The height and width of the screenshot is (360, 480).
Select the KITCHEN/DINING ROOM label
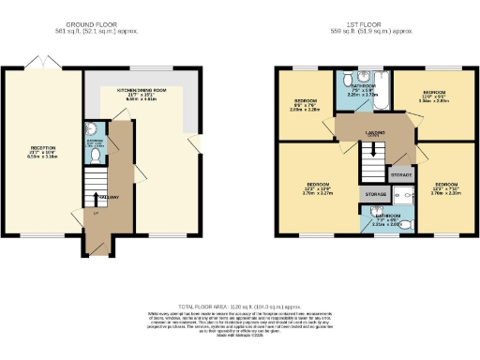tap(142, 90)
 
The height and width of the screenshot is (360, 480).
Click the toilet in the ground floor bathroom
tap(89, 130)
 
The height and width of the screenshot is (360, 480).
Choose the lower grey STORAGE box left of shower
tap(376, 195)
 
